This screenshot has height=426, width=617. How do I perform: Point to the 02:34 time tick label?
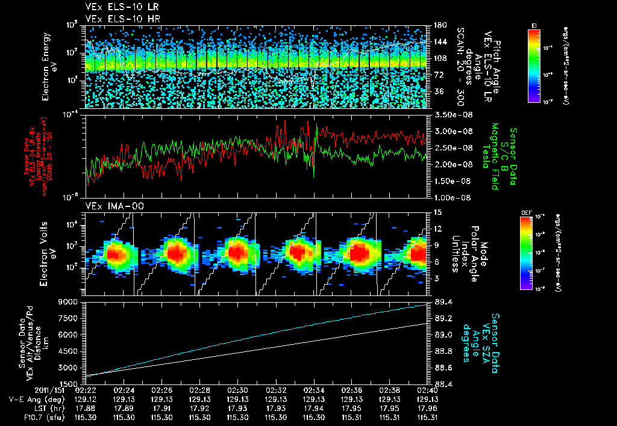coord(314,390)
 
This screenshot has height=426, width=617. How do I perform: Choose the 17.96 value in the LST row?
coord(428,407)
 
